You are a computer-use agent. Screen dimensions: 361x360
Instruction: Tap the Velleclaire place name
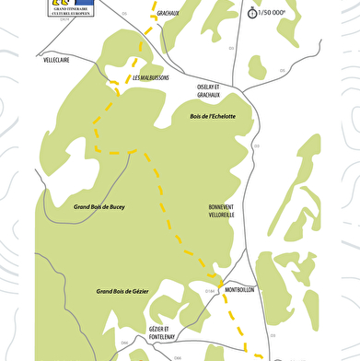click(x=57, y=58)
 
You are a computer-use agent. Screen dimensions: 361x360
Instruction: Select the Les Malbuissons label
click(x=151, y=77)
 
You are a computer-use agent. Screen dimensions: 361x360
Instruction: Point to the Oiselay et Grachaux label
click(x=209, y=90)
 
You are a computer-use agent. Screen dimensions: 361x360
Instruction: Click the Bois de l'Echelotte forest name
click(x=213, y=116)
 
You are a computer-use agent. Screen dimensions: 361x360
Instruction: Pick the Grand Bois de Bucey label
click(x=99, y=207)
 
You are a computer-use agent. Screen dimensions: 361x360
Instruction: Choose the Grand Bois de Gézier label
click(x=122, y=291)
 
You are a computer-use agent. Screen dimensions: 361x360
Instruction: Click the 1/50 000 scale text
click(x=272, y=13)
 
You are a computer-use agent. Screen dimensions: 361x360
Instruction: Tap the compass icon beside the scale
click(x=251, y=12)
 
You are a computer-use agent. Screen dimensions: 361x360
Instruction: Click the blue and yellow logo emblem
click(x=61, y=4)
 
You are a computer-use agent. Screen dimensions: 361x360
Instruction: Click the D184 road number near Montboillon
click(x=210, y=291)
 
